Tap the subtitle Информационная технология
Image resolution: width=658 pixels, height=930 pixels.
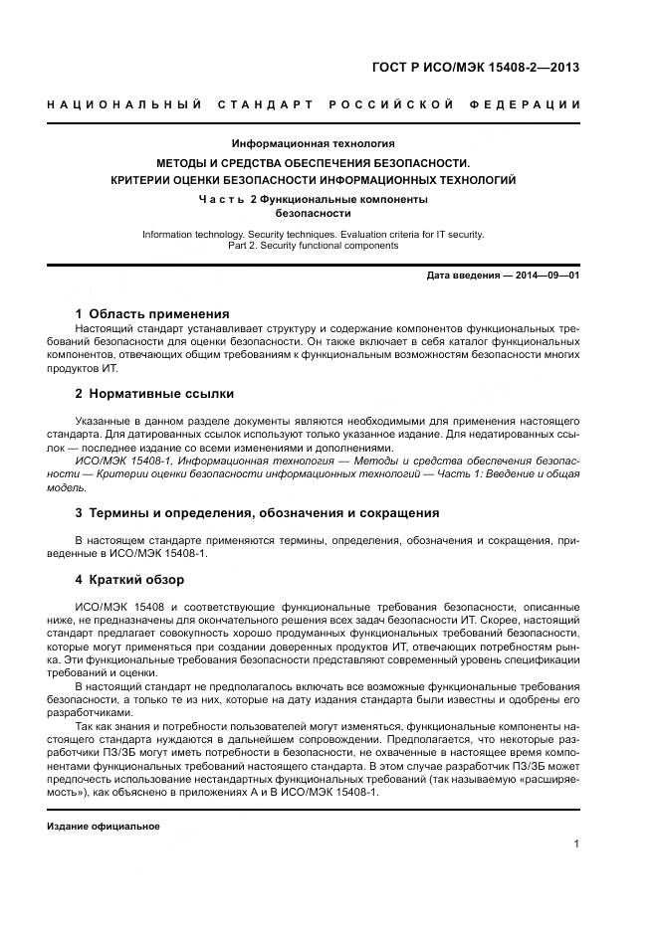tap(313, 143)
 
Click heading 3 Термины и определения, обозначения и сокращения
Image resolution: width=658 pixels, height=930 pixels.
tap(257, 513)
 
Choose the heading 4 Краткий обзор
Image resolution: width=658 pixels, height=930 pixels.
tap(129, 580)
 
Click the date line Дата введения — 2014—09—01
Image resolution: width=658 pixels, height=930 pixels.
tap(503, 276)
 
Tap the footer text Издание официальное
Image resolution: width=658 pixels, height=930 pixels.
tap(104, 827)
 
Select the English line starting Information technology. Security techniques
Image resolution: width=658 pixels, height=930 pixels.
tap(313, 235)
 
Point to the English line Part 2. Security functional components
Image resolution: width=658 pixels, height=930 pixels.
tap(313, 246)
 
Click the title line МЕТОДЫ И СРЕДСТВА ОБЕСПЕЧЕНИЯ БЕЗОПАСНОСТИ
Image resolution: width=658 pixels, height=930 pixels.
tap(313, 162)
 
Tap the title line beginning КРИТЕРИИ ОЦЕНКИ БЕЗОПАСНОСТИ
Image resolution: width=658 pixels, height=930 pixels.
tap(313, 180)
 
